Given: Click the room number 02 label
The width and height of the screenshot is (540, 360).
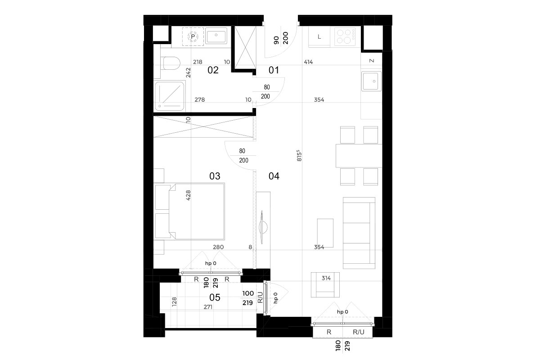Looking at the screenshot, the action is point(213,70).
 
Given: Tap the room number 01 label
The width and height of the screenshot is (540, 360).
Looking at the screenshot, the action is point(274,70).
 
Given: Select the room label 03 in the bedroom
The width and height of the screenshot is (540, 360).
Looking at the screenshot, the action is point(215,176).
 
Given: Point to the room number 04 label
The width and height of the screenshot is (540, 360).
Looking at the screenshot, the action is point(274,176).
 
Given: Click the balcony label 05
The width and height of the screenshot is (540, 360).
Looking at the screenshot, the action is point(215,297).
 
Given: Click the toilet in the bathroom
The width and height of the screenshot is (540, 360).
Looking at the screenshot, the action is point(170,63).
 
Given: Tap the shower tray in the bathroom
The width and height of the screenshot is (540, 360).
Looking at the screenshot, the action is point(169,96).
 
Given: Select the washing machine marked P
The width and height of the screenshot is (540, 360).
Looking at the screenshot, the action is point(193,36).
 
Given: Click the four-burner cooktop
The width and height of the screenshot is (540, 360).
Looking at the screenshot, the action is point(345,36).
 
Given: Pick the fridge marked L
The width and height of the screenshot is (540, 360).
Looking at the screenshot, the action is point(319,37).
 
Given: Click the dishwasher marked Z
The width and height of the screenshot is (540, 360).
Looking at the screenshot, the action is point(372,60).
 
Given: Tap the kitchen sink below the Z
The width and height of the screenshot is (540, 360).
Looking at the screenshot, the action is point(371,81).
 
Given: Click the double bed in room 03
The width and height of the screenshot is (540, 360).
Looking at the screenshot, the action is point(197,211).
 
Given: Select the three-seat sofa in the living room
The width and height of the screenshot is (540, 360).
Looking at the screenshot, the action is point(359,233).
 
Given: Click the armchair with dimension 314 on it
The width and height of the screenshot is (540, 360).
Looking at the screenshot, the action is point(325,285).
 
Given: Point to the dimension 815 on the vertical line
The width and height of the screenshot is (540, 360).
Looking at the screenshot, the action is point(299,156).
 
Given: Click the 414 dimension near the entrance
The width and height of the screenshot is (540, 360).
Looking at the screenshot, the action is point(308,62).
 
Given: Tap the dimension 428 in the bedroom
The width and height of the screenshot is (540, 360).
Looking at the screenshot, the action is point(188,195).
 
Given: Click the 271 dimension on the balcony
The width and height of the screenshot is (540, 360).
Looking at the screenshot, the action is point(208,307).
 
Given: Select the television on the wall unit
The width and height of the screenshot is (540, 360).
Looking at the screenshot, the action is point(262,227).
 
